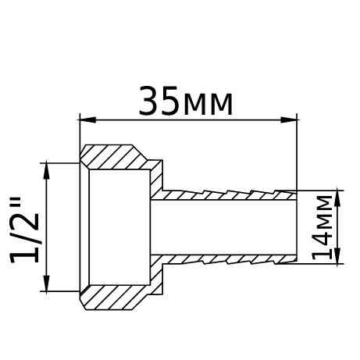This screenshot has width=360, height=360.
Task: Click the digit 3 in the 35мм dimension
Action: pos(149,102)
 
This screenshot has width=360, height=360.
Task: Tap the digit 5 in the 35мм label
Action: pos(170,102)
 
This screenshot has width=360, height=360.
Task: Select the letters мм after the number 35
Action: pos(207,105)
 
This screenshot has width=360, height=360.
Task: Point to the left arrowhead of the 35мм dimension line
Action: pos(87,119)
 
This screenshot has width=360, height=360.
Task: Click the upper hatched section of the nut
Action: pos(117,157)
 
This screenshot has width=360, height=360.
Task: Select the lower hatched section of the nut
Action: pos(117,296)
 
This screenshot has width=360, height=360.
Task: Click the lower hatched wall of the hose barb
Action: pos(226,258)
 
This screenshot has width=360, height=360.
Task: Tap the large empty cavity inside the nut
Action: pos(117,226)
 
